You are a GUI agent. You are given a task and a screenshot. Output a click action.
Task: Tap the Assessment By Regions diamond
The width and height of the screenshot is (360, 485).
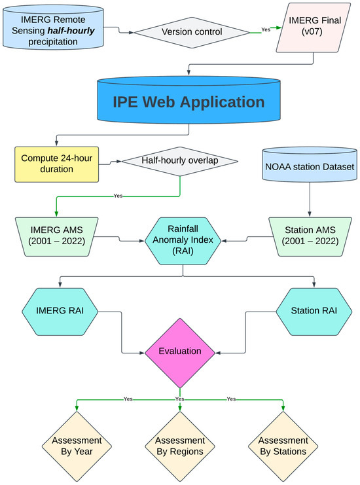(179, 445)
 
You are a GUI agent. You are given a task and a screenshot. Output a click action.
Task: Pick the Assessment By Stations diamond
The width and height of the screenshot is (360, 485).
(283, 445)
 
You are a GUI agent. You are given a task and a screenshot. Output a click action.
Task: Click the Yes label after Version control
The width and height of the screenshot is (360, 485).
(265, 29)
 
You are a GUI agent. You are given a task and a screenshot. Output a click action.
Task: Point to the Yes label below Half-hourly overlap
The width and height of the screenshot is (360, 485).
(118, 195)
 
